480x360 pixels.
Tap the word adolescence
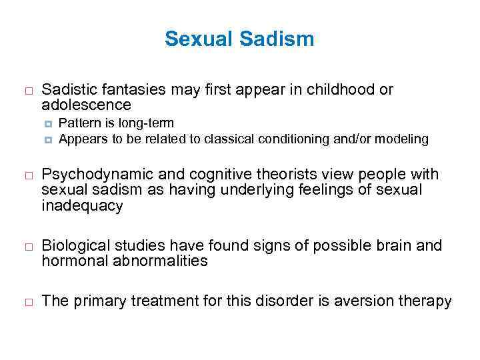pos(86,105)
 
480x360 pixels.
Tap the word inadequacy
pos(82,206)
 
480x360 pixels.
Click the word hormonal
pos(71,261)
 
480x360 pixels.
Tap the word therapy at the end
pos(427,301)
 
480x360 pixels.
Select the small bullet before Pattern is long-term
pos(49,123)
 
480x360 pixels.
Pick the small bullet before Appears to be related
pos(49,139)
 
